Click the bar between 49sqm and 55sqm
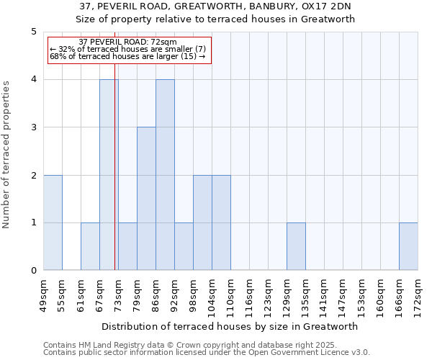click(53, 222)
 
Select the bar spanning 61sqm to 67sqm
click(90, 246)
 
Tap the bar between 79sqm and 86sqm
click(146, 199)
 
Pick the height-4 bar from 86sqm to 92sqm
click(165, 175)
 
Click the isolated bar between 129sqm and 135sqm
click(296, 246)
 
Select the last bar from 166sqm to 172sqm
click(408, 246)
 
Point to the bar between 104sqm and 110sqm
click(221, 222)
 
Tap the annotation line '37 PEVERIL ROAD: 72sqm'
click(127, 42)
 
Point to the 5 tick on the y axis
click(34, 32)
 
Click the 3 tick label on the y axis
click(34, 127)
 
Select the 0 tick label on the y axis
click(34, 271)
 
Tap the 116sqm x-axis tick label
click(250, 295)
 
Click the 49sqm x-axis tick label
click(44, 295)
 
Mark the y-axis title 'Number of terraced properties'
click(7, 154)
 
